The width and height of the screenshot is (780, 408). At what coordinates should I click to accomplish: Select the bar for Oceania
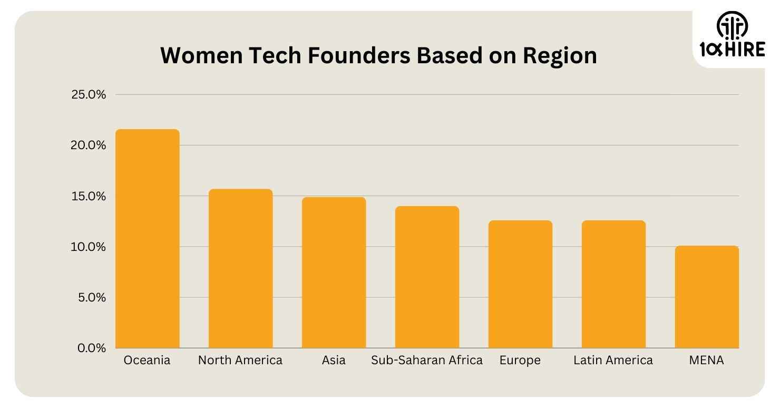[x=148, y=238]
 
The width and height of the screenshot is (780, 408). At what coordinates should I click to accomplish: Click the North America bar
[x=240, y=268]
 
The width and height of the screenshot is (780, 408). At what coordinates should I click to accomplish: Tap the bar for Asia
[x=334, y=273]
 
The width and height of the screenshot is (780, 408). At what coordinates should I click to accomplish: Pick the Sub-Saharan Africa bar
[x=427, y=277]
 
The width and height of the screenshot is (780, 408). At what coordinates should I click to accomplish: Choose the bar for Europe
[x=520, y=284]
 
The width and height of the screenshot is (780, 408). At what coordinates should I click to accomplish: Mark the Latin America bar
[x=613, y=284]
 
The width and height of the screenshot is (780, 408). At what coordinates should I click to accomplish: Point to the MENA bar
[x=706, y=297]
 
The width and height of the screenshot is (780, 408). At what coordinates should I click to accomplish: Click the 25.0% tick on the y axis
[x=89, y=95]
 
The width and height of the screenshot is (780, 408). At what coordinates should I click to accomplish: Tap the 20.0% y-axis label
[x=89, y=145]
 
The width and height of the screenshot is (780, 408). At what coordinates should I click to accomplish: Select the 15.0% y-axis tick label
[x=89, y=196]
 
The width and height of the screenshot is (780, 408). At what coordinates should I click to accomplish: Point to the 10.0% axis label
[x=89, y=247]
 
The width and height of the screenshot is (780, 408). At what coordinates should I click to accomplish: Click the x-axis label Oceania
[x=147, y=361]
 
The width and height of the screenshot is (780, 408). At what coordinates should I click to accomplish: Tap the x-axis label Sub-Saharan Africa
[x=427, y=361]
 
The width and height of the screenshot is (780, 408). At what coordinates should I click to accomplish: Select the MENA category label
[x=706, y=361]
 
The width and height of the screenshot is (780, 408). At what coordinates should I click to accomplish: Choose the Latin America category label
[x=613, y=361]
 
